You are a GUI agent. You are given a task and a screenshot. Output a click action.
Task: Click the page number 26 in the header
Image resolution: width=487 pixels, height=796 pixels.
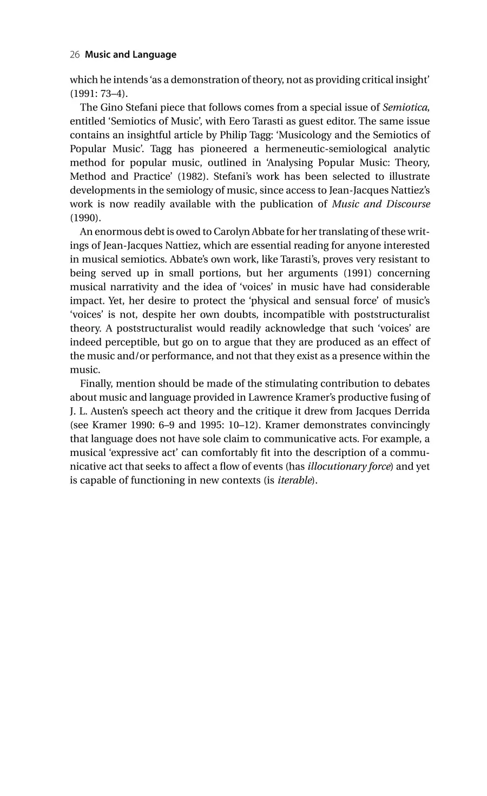[75, 55]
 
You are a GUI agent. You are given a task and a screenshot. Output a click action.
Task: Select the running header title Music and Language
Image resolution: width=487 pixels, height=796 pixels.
[131, 55]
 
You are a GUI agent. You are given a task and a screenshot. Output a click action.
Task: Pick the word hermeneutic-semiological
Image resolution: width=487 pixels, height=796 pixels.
[271, 149]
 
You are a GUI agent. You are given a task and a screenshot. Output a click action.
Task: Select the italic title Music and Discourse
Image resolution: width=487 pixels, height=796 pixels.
[381, 204]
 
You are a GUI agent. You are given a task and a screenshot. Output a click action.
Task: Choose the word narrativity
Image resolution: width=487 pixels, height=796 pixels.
[136, 287]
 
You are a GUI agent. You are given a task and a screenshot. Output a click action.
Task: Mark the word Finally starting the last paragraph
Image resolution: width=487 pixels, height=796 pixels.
[96, 384]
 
